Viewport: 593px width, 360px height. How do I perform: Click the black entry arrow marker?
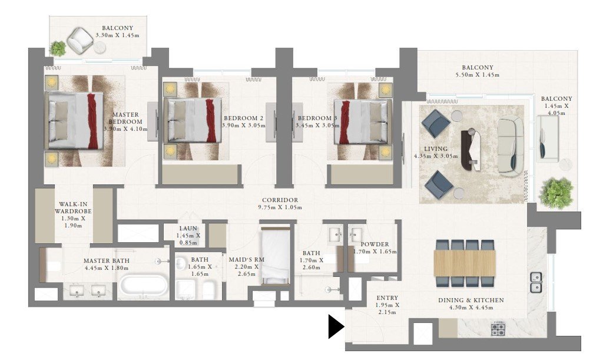pos(336,326)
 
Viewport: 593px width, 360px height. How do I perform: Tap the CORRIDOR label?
pos(280,200)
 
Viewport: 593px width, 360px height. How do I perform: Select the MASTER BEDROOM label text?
pos(125,118)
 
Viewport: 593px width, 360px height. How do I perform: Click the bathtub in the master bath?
pos(144,286)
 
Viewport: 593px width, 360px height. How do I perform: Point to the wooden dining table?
pos(465,263)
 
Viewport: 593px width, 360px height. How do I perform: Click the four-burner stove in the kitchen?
pos(499,329)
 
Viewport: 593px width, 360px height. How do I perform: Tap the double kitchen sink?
pos(536,282)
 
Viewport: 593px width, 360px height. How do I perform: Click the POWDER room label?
pos(375,244)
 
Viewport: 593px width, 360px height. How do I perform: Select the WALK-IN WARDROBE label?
pos(73,207)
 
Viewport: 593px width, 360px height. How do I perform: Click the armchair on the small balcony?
pos(80,40)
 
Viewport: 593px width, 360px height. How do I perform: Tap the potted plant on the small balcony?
pos(58,49)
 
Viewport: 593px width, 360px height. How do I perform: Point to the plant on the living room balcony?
pos(556,193)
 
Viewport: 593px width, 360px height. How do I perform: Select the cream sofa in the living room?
pos(511,146)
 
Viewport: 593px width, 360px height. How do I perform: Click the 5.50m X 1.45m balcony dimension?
pos(477,75)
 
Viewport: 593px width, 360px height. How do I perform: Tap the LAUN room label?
pos(188,228)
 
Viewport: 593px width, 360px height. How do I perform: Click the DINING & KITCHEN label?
pos(471,300)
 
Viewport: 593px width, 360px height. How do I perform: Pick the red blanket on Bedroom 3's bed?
pos(345,123)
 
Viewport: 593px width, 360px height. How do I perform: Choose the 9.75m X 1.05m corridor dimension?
pos(280,207)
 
